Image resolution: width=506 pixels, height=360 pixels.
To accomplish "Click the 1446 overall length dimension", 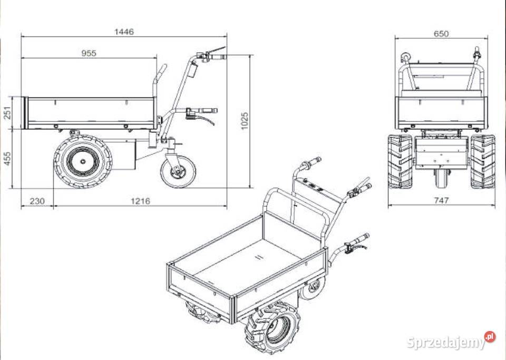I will pos(124,32).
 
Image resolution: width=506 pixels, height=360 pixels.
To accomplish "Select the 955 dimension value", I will pos(89,53).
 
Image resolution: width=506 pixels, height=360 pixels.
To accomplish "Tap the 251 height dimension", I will pos(7,113).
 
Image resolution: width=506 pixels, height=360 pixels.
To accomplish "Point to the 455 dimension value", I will pos(7,159).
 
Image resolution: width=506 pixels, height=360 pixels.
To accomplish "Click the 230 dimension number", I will pos(37,200).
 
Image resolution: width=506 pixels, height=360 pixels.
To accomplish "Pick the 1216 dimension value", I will pos(140,200).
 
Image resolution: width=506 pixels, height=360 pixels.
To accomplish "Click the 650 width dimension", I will pos(441,34).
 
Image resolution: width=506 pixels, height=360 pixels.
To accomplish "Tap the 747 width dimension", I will pos(441,200).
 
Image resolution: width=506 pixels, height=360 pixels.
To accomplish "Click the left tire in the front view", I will pos(400,161).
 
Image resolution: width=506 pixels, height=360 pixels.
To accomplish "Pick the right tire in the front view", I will pos(482,161).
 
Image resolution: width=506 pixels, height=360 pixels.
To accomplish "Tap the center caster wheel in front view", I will pos(441,179).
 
